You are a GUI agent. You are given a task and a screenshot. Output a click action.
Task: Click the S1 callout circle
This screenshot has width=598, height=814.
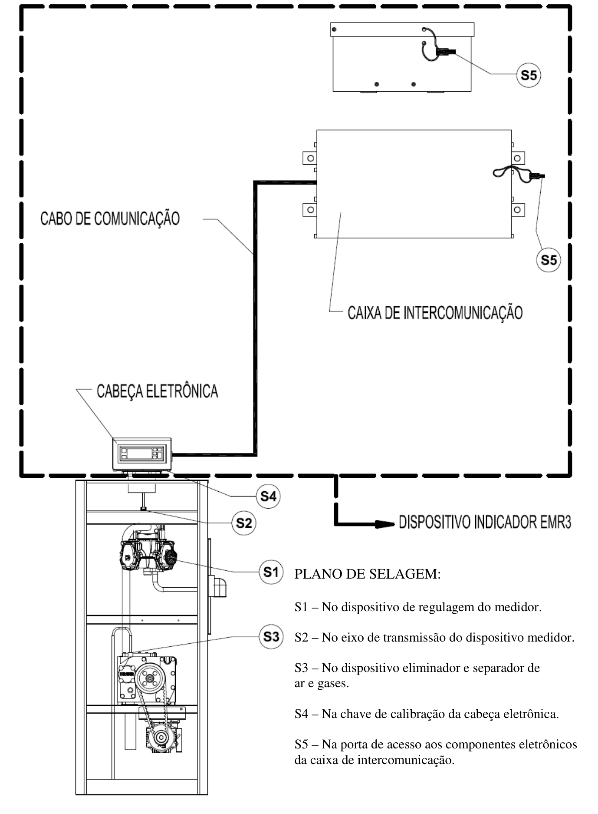pos(271,572)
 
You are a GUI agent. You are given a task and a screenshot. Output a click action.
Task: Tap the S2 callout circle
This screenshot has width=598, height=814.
pos(244,523)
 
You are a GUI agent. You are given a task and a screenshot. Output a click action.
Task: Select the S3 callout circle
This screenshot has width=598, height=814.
pos(271,637)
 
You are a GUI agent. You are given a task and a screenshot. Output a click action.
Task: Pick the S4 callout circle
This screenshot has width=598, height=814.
pos(268,496)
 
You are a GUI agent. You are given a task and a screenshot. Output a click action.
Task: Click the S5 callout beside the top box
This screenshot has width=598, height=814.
pos(529,75)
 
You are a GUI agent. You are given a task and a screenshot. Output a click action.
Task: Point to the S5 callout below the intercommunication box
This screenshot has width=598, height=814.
pos(549,260)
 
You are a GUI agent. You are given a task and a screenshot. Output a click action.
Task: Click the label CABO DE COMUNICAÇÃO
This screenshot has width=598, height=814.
pos(110,218)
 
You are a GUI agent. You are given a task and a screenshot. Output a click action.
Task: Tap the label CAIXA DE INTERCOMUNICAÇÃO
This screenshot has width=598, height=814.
pos(435,313)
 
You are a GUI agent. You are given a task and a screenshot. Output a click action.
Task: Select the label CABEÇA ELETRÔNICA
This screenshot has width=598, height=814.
pos(157,391)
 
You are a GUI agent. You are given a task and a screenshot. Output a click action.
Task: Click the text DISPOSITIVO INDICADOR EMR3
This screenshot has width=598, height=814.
pos(485,522)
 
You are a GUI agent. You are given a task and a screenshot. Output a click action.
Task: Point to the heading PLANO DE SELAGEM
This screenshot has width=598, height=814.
pos(368,574)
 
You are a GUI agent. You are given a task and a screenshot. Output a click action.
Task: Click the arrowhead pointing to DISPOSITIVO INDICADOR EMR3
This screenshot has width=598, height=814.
pos(385,524)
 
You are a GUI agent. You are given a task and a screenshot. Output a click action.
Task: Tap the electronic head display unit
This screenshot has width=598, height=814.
pos(142,454)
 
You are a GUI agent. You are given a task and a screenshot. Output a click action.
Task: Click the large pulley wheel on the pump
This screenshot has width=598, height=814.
pos(151,679)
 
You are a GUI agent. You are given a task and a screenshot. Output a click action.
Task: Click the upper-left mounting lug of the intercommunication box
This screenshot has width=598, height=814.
pos(309,158)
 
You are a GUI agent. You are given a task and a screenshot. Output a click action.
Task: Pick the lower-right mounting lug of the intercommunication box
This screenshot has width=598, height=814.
pos(518,210)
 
